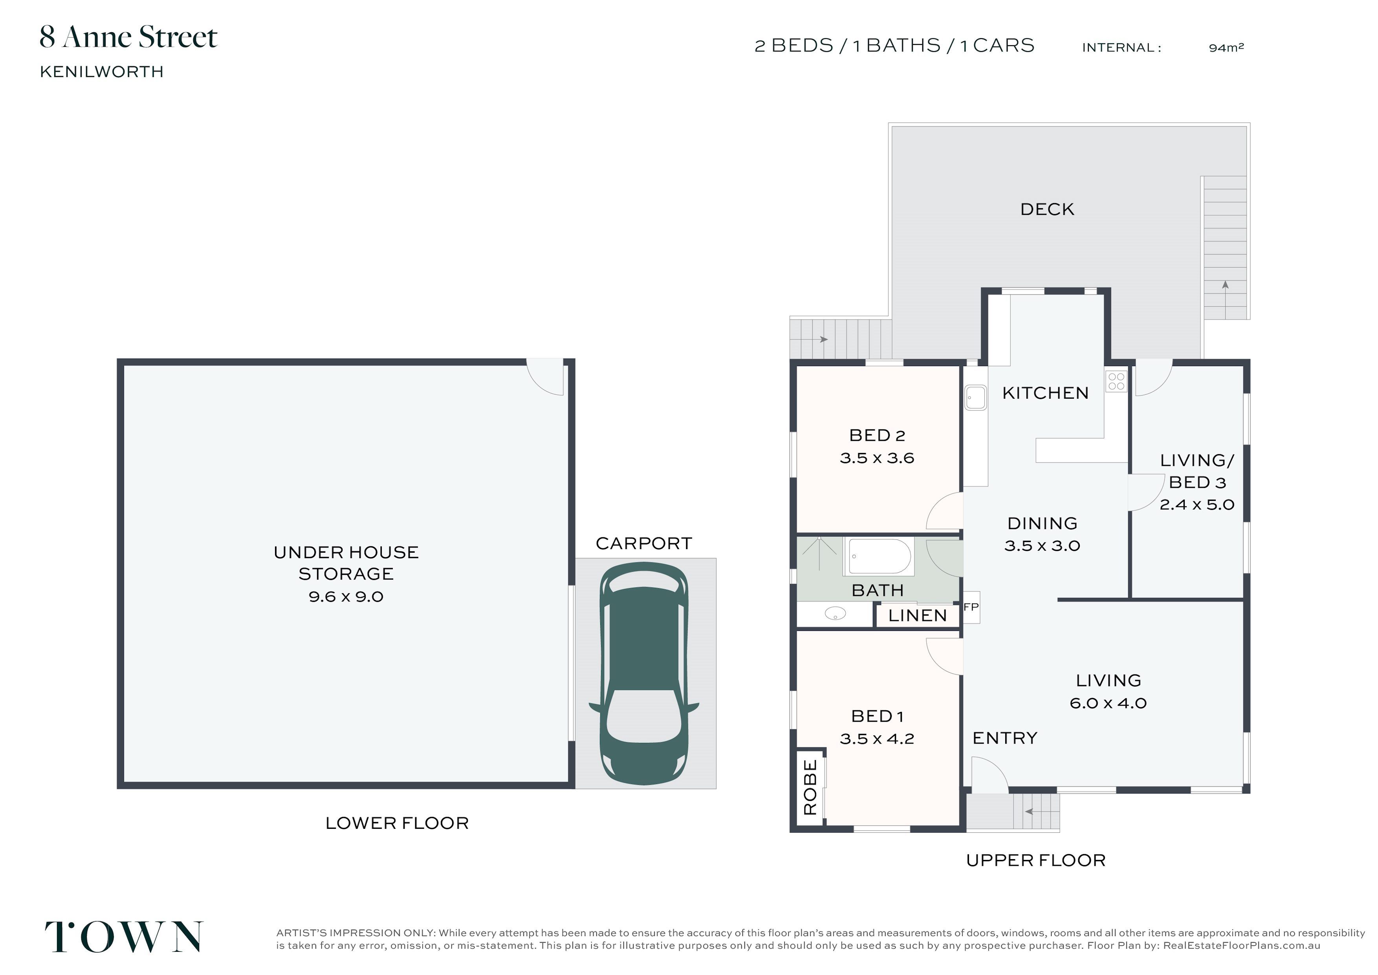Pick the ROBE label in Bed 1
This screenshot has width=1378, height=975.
click(810, 787)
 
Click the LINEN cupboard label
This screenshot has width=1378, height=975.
click(917, 616)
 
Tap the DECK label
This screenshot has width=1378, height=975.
click(1047, 209)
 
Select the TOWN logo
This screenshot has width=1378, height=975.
click(124, 937)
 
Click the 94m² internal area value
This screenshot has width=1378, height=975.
click(1226, 48)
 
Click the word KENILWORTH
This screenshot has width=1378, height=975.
click(101, 71)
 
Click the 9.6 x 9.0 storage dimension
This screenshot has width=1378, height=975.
click(346, 597)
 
